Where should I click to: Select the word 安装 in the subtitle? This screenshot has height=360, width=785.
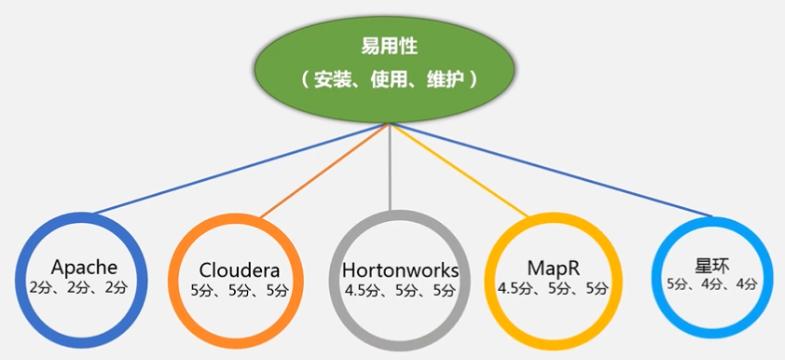coord(334,80)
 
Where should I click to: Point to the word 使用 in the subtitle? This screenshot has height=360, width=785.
coord(389,80)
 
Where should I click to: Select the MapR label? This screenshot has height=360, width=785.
coord(553,268)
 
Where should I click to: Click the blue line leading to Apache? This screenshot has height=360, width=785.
coord(242,167)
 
